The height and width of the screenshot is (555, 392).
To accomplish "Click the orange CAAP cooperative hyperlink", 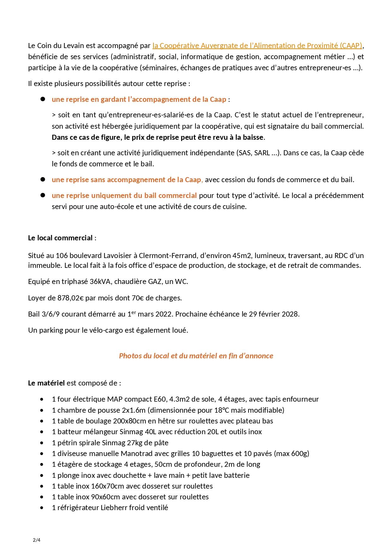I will pyautogui.click(x=257, y=46).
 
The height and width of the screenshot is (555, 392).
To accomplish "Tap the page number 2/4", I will pyautogui.click(x=37, y=540).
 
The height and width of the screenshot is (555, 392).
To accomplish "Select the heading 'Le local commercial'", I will pyautogui.click(x=60, y=238).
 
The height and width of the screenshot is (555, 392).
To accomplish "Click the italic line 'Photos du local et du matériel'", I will pyautogui.click(x=196, y=355).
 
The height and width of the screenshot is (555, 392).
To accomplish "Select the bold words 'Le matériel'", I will pyautogui.click(x=46, y=383).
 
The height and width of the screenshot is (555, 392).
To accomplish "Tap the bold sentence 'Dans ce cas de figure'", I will pyautogui.click(x=158, y=137).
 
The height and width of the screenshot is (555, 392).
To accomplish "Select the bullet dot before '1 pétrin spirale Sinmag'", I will pyautogui.click(x=42, y=443).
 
